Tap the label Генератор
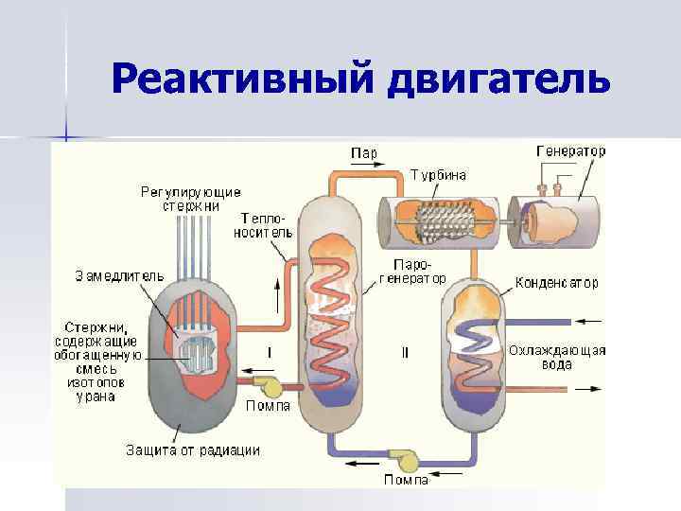tap(571, 150)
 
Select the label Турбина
tap(438, 174)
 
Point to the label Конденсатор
tap(557, 282)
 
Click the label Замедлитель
tap(120, 275)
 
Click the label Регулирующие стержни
tap(191, 199)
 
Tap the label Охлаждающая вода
tap(557, 357)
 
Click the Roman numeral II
tap(406, 353)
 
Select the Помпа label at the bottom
tap(407, 479)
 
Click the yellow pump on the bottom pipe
tap(409, 460)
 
